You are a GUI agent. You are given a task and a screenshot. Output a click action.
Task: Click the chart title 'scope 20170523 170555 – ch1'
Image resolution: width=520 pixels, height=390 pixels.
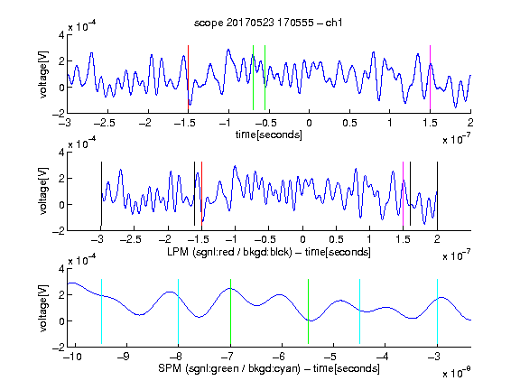[x=268, y=23]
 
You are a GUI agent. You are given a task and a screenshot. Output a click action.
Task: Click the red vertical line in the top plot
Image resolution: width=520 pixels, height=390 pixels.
[x=188, y=78]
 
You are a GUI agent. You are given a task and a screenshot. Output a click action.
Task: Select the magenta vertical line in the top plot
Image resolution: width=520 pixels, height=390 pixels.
[x=430, y=78]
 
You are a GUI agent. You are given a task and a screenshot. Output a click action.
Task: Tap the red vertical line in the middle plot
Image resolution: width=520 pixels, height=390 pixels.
[x=201, y=194]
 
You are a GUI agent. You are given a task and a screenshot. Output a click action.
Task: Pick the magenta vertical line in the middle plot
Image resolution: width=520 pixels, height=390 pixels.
[x=403, y=194]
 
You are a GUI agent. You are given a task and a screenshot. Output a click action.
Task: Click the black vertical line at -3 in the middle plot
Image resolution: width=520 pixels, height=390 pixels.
[x=101, y=194]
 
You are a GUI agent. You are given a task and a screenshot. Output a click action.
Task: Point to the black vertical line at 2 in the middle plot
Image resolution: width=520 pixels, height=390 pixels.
[x=437, y=194]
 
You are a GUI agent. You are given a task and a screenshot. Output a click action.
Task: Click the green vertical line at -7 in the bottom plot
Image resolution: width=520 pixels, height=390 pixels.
[x=230, y=311]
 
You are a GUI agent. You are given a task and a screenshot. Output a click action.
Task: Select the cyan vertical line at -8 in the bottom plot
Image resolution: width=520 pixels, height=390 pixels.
[x=179, y=311]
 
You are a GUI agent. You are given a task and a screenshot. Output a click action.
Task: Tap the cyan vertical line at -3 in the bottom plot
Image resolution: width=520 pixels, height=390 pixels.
[x=437, y=311]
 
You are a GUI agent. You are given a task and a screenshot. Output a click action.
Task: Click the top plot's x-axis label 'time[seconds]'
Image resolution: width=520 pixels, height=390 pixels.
[x=269, y=135]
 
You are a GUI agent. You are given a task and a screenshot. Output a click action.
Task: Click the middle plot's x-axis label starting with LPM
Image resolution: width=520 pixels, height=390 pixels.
[x=269, y=252]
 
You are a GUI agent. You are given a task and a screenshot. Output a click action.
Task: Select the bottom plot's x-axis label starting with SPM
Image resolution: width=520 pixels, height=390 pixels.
[x=269, y=368]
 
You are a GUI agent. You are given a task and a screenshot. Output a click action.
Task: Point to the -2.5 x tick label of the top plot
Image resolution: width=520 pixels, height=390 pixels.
[x=105, y=123]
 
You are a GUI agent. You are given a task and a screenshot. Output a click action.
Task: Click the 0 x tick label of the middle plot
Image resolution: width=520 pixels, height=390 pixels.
[x=302, y=239]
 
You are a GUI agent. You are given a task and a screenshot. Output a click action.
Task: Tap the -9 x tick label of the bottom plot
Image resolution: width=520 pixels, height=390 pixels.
[x=124, y=357]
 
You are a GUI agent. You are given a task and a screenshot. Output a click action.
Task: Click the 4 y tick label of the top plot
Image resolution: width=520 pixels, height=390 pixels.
[x=61, y=35]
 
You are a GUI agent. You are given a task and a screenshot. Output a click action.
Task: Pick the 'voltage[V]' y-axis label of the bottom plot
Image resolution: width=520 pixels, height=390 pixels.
[x=43, y=308]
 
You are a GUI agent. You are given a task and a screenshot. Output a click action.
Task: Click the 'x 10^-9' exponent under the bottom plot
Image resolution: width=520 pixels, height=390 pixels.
[x=457, y=373]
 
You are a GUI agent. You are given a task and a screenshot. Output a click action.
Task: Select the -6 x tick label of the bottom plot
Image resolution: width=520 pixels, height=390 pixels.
[x=279, y=357]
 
